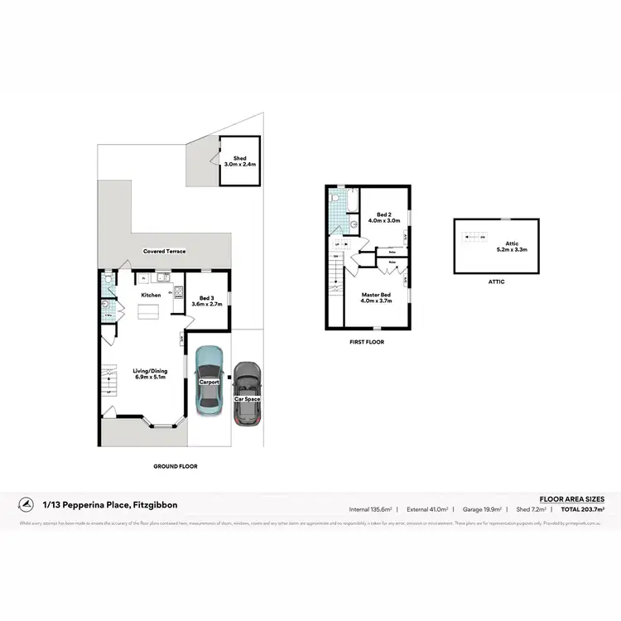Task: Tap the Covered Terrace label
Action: [x=164, y=251]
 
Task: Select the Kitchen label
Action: [x=151, y=295]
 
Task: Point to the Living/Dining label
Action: [x=151, y=374]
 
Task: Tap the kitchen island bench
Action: [x=149, y=311]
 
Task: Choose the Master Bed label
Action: [x=377, y=297]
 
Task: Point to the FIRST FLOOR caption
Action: [x=367, y=341]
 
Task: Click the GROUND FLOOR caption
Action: [x=176, y=466]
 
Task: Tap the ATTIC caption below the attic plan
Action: [x=495, y=282]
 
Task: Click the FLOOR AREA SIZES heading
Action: [x=571, y=499]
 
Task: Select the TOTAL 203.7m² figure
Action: [x=583, y=509]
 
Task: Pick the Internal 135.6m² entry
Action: [x=370, y=509]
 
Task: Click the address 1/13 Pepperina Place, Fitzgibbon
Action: [x=110, y=504]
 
